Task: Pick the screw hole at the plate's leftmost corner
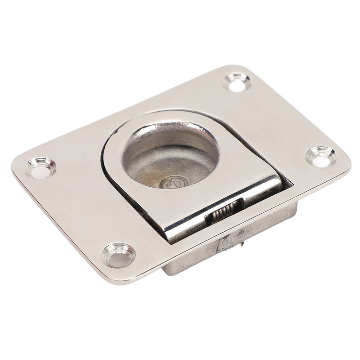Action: pyautogui.click(x=40, y=166)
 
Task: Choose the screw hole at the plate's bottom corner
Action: pyautogui.click(x=119, y=253)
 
